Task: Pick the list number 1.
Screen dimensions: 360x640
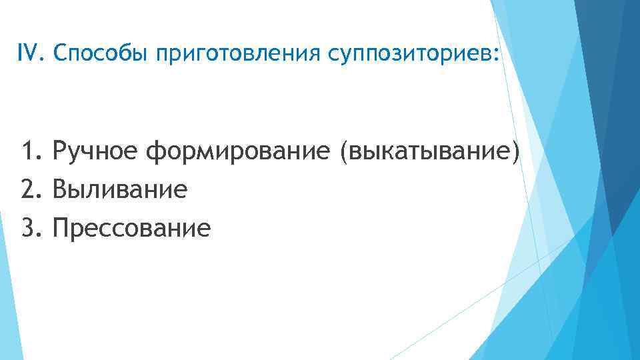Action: tap(29, 152)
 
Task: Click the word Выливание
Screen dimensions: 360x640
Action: tap(120, 190)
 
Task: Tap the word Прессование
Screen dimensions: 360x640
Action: tap(132, 228)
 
